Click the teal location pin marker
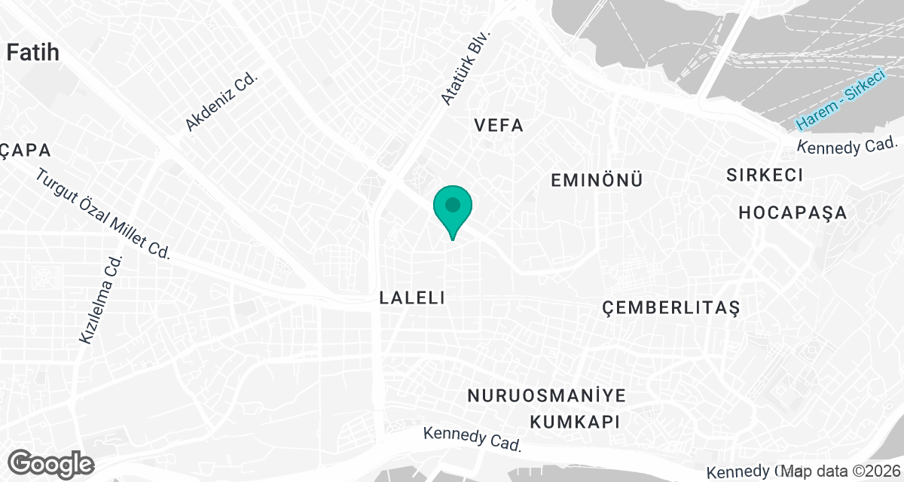click(453, 207)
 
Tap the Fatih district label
click(32, 52)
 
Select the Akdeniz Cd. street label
click(221, 102)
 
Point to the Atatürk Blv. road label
click(466, 68)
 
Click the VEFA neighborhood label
click(499, 126)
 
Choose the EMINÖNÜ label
click(596, 181)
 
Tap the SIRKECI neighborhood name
click(764, 175)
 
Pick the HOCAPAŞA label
click(793, 213)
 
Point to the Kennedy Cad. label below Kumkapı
click(473, 439)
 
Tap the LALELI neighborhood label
click(413, 298)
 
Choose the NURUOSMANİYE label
click(547, 396)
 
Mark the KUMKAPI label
click(574, 421)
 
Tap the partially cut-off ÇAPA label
click(25, 151)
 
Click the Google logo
click(51, 462)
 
